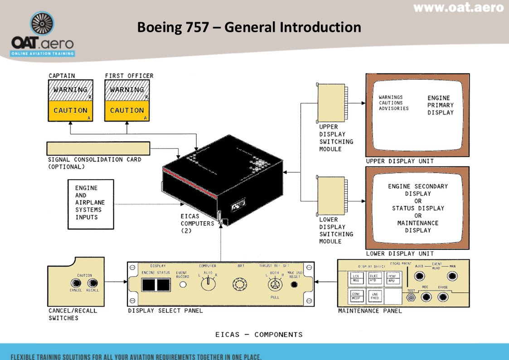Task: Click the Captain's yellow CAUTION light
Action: click(70, 111)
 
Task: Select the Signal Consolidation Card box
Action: click(98, 148)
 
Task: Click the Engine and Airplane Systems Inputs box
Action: click(91, 203)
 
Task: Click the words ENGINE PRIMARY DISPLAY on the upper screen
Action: click(440, 105)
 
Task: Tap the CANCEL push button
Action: click(76, 283)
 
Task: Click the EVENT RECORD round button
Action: click(183, 285)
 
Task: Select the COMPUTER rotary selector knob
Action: click(208, 284)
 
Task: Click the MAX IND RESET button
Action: click(294, 285)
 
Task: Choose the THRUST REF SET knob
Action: click(274, 285)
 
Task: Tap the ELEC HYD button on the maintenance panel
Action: click(374, 278)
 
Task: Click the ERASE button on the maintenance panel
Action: click(443, 297)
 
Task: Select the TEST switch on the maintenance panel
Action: click(411, 298)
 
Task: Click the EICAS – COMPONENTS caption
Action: click(259, 335)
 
